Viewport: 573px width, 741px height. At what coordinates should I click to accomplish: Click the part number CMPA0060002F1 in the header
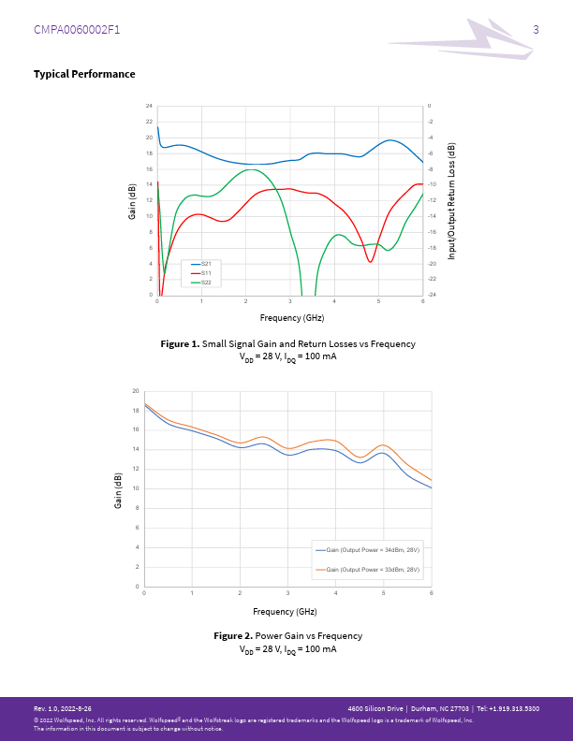[x=77, y=30]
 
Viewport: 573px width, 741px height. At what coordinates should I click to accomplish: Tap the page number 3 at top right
[x=536, y=30]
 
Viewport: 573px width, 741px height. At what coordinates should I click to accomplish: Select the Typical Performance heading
[x=84, y=74]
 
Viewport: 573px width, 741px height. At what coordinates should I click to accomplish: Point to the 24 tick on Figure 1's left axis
[x=149, y=106]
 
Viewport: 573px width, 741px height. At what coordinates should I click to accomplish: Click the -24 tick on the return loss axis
[x=431, y=296]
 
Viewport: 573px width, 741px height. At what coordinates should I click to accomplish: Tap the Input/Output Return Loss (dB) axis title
[x=451, y=200]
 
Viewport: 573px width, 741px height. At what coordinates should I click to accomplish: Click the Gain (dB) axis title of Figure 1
[x=133, y=200]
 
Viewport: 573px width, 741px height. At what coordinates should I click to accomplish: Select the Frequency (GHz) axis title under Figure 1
[x=291, y=318]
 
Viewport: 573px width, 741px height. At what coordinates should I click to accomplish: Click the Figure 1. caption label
[x=181, y=344]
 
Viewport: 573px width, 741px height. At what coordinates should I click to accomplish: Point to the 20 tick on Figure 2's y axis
[x=136, y=391]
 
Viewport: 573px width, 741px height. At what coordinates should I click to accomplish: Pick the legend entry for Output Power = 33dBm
[x=367, y=569]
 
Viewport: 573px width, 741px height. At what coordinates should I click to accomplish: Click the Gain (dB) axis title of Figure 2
[x=119, y=489]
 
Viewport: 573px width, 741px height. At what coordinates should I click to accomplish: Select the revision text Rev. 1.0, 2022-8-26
[x=63, y=708]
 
